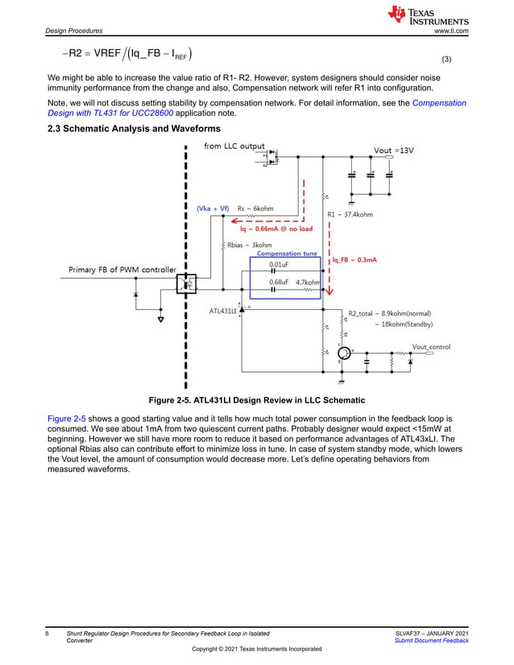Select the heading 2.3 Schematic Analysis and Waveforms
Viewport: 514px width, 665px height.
[134, 129]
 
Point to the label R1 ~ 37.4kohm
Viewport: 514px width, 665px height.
[350, 214]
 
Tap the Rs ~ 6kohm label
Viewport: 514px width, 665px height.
[255, 208]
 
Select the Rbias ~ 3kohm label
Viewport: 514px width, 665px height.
[249, 245]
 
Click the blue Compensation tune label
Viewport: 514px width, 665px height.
[287, 254]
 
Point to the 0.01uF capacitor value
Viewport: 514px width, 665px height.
[279, 264]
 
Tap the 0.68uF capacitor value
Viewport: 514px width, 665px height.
[279, 283]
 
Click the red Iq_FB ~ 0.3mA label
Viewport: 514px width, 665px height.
[355, 260]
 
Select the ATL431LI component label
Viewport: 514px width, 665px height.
[223, 310]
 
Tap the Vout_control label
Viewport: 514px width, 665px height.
[430, 346]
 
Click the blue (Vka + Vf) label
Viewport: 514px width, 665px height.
[214, 208]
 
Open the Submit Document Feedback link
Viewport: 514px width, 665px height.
[431, 640]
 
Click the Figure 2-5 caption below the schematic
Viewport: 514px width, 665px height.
[257, 400]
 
